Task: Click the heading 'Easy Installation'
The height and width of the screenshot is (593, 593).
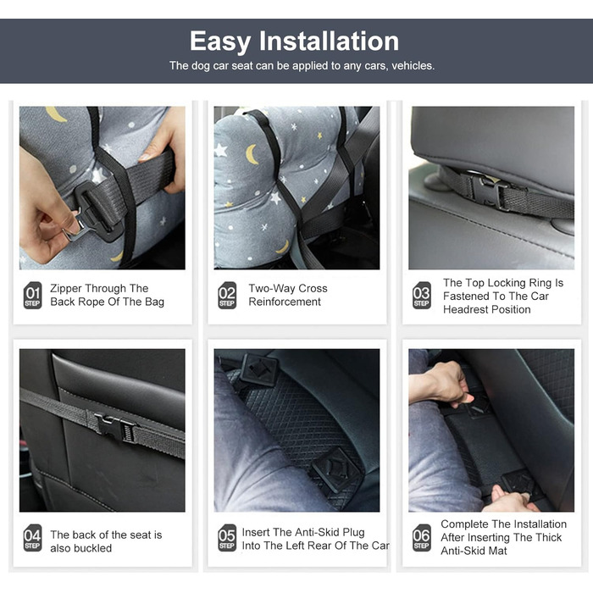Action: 294,42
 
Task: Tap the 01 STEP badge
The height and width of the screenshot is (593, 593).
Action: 32,296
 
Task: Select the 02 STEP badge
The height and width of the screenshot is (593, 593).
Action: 227,296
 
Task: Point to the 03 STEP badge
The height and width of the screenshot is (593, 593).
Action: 422,296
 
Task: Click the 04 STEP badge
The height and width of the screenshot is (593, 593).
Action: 32,538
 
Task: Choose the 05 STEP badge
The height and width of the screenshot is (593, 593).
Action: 227,538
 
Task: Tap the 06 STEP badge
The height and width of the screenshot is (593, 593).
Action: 422,538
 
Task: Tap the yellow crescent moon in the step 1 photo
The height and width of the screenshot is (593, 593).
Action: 56,114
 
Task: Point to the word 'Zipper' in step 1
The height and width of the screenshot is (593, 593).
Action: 66,289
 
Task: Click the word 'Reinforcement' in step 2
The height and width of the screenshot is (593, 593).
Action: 285,302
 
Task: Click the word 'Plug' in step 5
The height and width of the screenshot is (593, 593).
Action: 353,533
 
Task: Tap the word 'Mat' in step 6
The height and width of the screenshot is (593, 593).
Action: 498,551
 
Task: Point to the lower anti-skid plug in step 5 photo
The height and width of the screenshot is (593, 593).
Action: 335,470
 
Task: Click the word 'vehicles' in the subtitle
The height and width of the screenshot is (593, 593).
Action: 413,66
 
